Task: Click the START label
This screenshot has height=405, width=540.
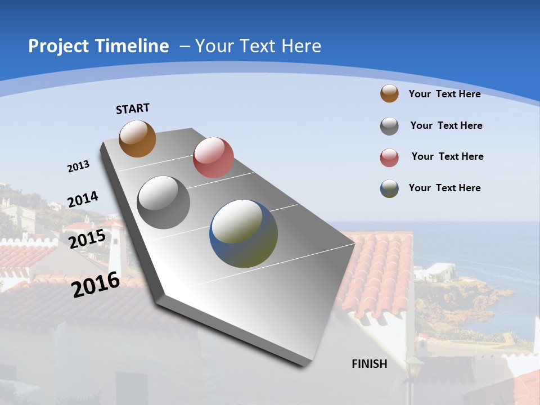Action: [x=133, y=109]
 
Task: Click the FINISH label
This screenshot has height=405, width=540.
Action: [x=369, y=364]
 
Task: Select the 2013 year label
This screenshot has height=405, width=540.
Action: [x=78, y=166]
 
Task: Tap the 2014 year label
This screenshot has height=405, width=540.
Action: [x=83, y=199]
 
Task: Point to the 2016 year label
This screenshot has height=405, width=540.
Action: [x=96, y=285]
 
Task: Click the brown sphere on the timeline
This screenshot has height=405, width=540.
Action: [x=137, y=138]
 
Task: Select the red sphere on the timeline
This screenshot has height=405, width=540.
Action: [x=213, y=157]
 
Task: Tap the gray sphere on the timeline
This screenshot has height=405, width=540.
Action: [x=164, y=202]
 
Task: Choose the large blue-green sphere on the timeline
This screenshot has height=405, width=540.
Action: [x=244, y=233]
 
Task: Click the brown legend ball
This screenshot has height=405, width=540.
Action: [x=389, y=93]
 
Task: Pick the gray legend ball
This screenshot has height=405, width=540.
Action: [x=389, y=126]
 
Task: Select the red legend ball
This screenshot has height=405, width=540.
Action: [x=389, y=157]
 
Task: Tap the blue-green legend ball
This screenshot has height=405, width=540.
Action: [x=389, y=188]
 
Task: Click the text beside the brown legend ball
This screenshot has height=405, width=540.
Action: [x=444, y=94]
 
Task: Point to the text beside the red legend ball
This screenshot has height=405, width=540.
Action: [x=447, y=156]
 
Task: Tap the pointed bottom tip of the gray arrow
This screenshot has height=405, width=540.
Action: [x=304, y=364]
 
